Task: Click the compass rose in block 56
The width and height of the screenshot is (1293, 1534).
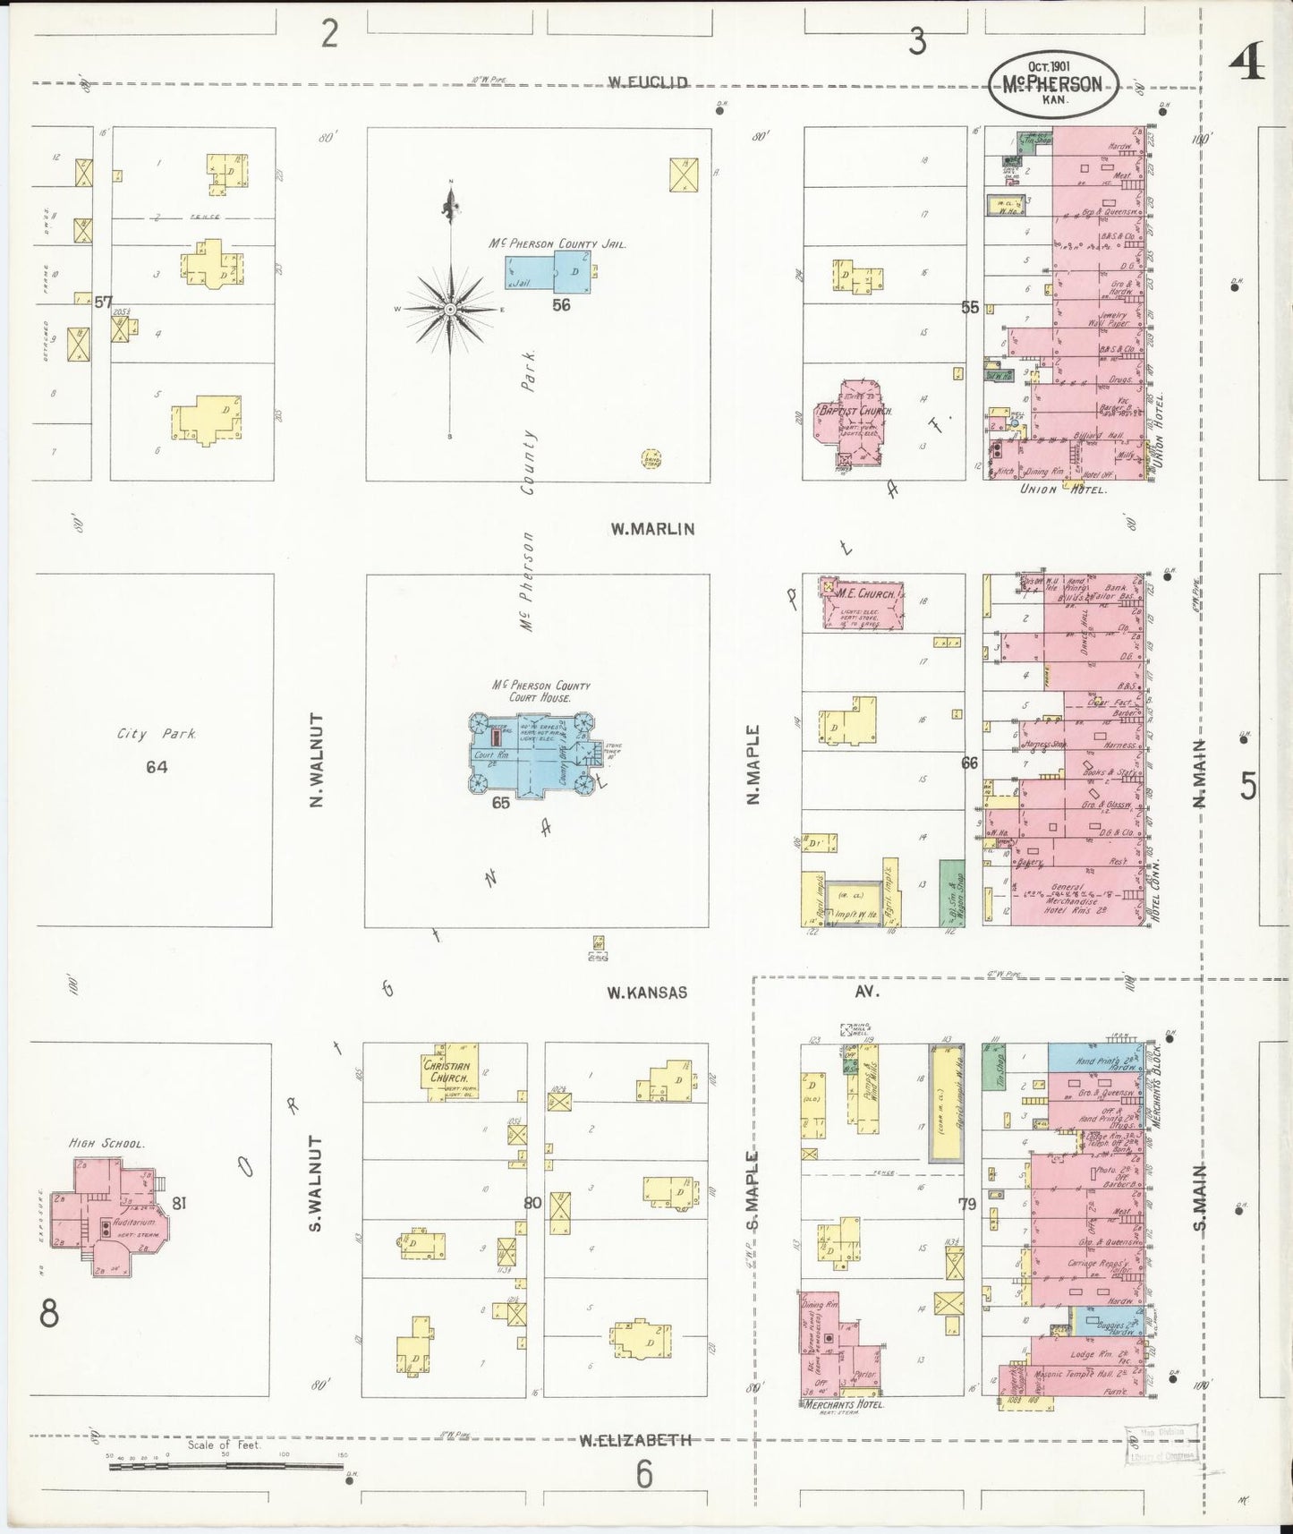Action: tap(451, 309)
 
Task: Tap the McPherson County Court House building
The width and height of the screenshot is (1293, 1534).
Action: tap(533, 754)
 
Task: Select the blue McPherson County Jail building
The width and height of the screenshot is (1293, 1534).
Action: tap(549, 270)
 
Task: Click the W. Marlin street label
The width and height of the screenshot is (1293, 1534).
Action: tap(652, 529)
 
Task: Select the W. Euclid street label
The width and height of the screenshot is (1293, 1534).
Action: tap(648, 82)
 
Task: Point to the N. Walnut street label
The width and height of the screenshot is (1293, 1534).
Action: tap(316, 759)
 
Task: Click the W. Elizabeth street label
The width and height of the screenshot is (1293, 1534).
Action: tap(634, 1440)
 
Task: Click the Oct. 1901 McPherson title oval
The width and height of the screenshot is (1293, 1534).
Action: tap(1053, 83)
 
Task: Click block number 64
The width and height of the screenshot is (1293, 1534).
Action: tap(157, 767)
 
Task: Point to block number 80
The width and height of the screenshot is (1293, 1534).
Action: tap(532, 1203)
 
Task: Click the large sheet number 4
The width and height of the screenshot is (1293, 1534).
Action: tap(1246, 62)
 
